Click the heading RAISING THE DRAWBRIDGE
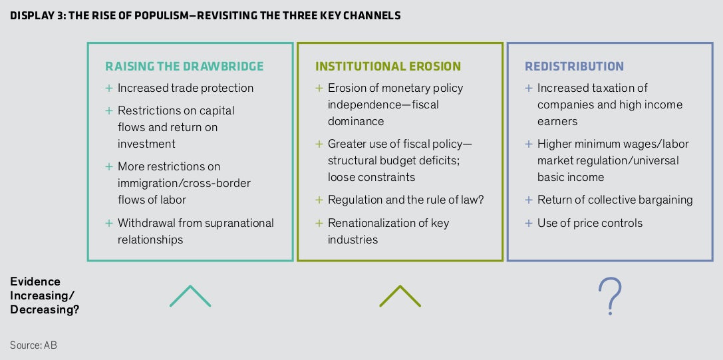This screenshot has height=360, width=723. (x=184, y=66)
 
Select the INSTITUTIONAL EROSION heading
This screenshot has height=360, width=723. (x=388, y=66)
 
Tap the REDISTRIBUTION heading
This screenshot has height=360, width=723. (x=574, y=66)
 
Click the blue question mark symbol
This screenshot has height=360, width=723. (x=610, y=296)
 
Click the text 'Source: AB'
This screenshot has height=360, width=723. (x=34, y=345)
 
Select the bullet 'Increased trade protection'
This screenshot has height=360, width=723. (x=186, y=88)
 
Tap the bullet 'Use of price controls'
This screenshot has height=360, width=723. (x=590, y=223)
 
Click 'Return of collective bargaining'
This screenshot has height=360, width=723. (x=615, y=200)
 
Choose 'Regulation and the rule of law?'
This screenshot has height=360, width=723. (x=406, y=200)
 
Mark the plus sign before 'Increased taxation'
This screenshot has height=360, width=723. (x=529, y=88)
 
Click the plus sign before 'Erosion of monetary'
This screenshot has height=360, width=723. (x=319, y=88)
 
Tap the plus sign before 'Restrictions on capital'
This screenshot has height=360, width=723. (x=109, y=110)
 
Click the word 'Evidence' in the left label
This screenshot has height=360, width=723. (x=35, y=281)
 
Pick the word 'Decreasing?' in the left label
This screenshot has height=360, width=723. (x=45, y=309)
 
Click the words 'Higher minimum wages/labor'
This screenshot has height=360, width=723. (x=613, y=144)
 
